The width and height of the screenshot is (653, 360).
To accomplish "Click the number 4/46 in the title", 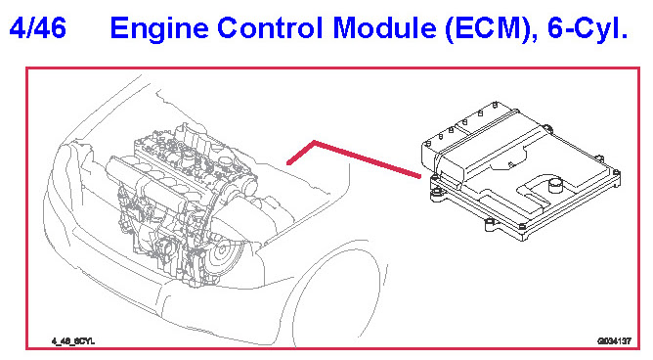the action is coord(37,28).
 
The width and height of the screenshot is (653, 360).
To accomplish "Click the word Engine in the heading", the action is coord(159,29).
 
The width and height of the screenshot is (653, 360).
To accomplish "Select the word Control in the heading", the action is coord(270,28).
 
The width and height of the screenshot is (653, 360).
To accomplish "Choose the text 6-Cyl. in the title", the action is coord(588,29).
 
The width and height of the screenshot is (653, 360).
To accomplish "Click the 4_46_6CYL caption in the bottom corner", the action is coord(73,341).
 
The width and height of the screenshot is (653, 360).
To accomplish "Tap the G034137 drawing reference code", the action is coord(614,341).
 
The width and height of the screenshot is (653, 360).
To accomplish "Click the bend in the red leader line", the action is coord(313,143).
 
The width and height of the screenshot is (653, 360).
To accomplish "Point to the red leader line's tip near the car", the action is coord(288,163).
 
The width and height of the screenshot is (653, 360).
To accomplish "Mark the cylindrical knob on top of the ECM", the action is coord(555,185).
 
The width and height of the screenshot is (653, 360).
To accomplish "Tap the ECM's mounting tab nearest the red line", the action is coord(436,194).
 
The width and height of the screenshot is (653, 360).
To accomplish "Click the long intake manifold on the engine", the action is coord(146,183).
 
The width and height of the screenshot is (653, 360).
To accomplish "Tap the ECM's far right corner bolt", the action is coord(617,173).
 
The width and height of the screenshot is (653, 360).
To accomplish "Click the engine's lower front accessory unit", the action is coord(165,247).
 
